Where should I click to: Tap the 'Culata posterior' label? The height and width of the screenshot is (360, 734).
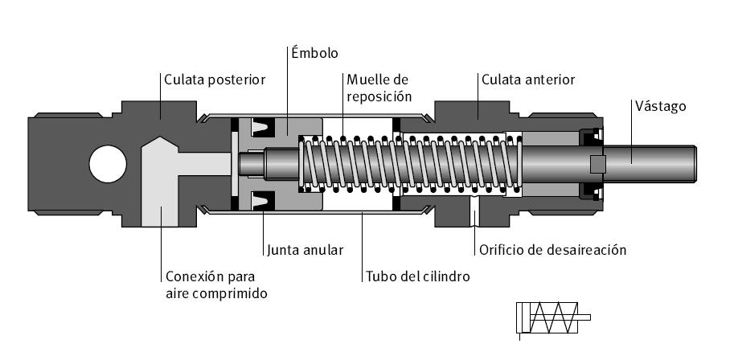point(214,79)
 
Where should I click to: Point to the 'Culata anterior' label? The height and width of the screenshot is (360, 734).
point(527,79)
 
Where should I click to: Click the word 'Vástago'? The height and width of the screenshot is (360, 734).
point(660,105)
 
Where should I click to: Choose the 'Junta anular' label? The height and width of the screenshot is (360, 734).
point(306,250)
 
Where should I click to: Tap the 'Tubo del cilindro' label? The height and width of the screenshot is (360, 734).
point(416,276)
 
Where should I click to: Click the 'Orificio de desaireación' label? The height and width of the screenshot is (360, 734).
point(552,250)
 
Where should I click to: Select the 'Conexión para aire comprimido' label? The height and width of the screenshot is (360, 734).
point(216,284)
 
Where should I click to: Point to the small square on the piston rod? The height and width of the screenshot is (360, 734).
point(597,164)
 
